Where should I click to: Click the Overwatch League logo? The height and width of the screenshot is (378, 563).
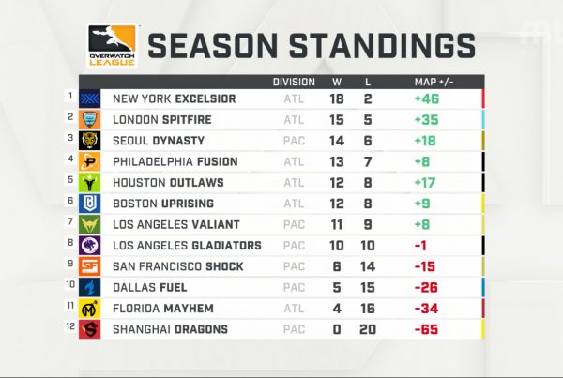[112, 46]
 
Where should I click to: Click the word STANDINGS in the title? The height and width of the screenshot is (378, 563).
[383, 46]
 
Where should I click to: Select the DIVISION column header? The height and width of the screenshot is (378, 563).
[294, 83]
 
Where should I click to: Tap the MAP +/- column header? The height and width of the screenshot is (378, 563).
[434, 83]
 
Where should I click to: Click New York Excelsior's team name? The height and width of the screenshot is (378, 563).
[175, 98]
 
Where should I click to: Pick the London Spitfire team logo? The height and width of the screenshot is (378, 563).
[90, 119]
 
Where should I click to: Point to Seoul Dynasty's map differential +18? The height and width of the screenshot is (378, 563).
[425, 141]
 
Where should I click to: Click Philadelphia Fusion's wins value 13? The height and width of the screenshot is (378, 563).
[337, 161]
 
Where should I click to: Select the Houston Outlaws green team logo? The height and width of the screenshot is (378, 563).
[90, 182]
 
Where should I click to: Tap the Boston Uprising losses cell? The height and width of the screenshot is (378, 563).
[368, 204]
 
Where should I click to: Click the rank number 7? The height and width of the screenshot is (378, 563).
[70, 221]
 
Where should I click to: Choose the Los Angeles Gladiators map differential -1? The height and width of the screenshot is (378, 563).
[420, 246]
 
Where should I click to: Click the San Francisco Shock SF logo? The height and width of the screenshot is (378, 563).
[90, 266]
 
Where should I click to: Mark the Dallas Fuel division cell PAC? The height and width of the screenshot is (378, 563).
[294, 288]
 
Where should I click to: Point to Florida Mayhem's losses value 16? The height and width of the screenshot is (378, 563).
[368, 309]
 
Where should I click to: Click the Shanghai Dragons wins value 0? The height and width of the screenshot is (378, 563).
[337, 329]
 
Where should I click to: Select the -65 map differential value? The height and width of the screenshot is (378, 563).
[426, 329]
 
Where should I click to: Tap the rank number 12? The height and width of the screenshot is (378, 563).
[70, 326]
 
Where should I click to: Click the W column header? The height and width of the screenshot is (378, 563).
[337, 83]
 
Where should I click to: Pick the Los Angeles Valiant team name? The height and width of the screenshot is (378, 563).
[176, 224]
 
